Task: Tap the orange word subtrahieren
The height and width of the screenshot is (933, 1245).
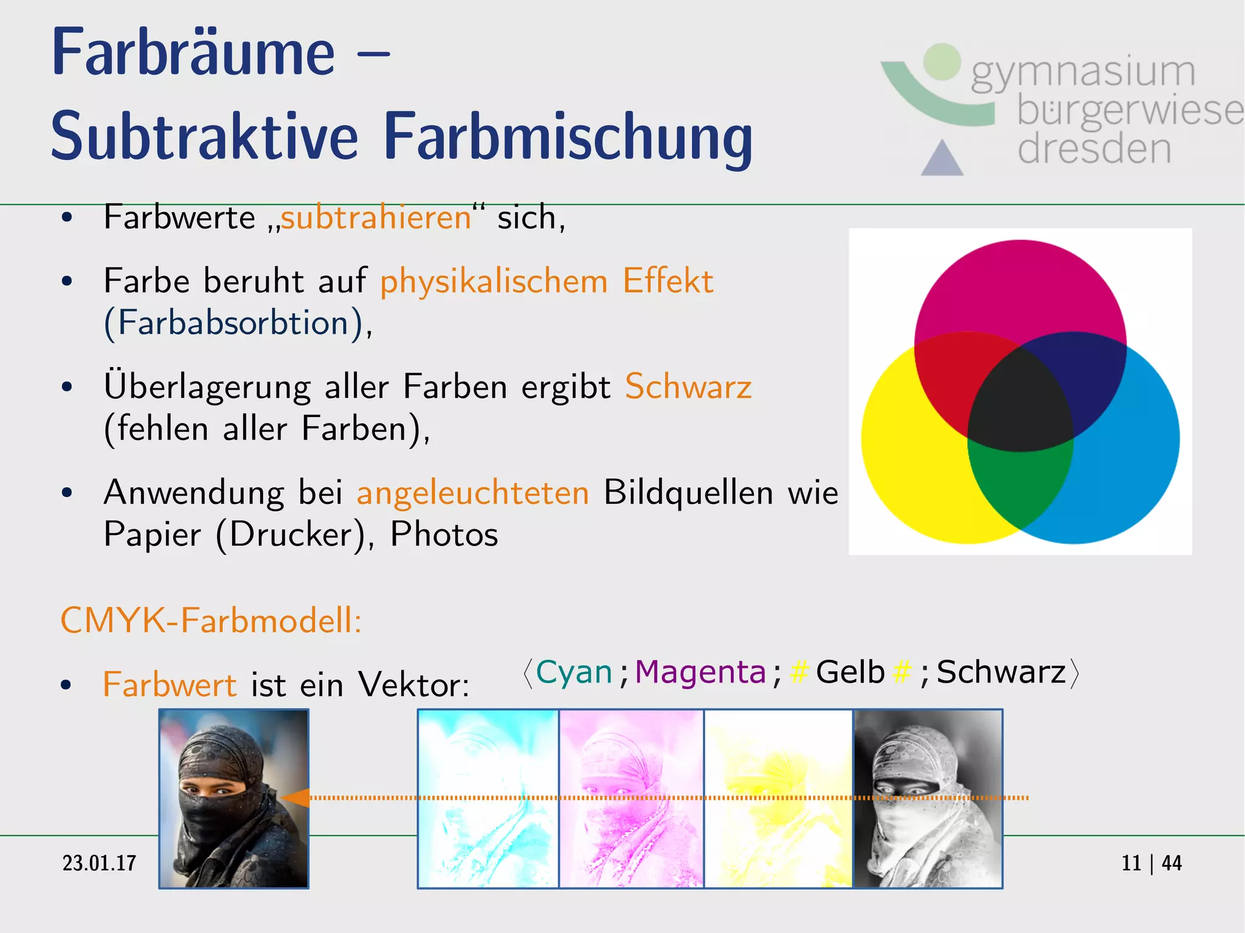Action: pyautogui.click(x=376, y=218)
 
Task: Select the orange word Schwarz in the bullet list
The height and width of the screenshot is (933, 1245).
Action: pyautogui.click(x=688, y=387)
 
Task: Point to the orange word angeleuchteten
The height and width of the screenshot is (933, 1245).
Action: pyautogui.click(x=472, y=492)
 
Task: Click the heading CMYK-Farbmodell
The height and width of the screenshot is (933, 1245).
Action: pyautogui.click(x=211, y=621)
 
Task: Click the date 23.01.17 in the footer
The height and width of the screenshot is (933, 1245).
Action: pyautogui.click(x=99, y=863)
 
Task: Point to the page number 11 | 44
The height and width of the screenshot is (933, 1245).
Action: pyautogui.click(x=1151, y=863)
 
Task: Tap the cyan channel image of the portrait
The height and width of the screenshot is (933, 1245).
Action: pyautogui.click(x=488, y=799)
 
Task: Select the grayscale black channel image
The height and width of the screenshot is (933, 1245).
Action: pyautogui.click(x=928, y=799)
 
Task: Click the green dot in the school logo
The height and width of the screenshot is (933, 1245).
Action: pyautogui.click(x=942, y=62)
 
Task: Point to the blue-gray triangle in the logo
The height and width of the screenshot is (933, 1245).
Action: pyautogui.click(x=942, y=160)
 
